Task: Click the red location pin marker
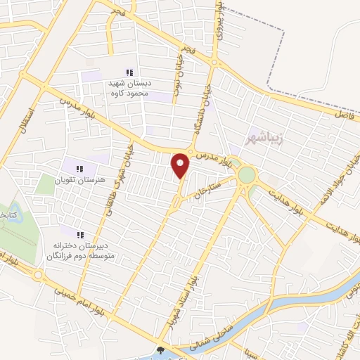(x=181, y=165)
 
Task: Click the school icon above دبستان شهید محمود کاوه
(x=129, y=72)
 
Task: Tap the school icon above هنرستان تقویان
(x=79, y=168)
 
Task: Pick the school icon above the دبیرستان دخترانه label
(x=80, y=234)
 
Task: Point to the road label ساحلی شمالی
(x=214, y=332)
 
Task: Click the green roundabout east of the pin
(x=247, y=174)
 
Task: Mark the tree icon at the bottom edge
(x=161, y=351)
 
